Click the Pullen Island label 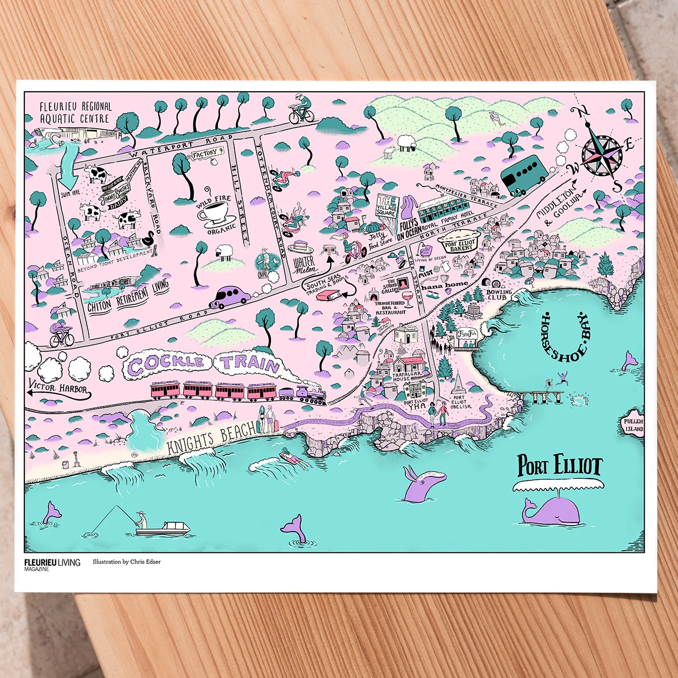pos(633,425)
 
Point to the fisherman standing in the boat pos(141,520)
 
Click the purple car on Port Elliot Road pos(231,296)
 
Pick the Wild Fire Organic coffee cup pos(215,212)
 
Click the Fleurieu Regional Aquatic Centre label pos(75,113)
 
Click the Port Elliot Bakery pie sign pos(459,242)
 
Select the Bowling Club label pos(499,295)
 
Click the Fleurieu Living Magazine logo pos(52,564)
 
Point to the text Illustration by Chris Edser pos(127,562)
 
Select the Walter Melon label pos(304,265)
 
